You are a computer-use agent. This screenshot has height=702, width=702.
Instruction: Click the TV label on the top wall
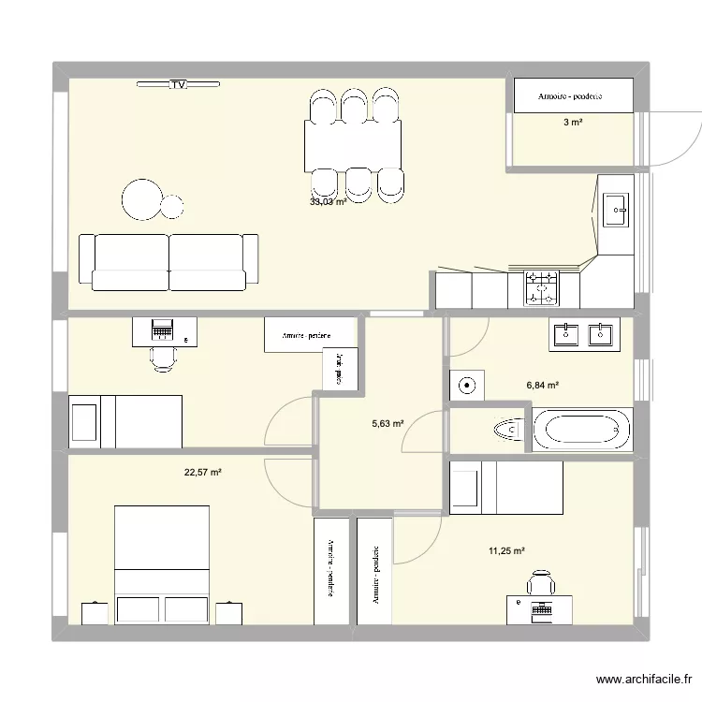pyautogui.click(x=178, y=85)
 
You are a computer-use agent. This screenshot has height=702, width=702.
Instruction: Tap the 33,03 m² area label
pyautogui.click(x=329, y=201)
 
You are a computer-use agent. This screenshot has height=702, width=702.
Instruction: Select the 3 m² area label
pyautogui.click(x=571, y=123)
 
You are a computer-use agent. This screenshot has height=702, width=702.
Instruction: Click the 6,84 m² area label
pyautogui.click(x=543, y=385)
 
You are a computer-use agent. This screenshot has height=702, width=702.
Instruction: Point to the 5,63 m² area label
pyautogui.click(x=388, y=423)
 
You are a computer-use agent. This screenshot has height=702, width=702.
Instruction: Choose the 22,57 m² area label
pyautogui.click(x=203, y=473)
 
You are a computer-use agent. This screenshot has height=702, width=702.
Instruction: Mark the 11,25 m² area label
pyautogui.click(x=506, y=551)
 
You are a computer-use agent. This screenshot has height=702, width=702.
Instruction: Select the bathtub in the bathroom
pyautogui.click(x=582, y=430)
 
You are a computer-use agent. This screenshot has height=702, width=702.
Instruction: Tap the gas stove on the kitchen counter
pyautogui.click(x=541, y=287)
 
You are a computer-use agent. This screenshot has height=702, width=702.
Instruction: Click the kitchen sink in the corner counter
pyautogui.click(x=616, y=211)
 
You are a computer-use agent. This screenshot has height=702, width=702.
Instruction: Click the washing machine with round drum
pyautogui.click(x=466, y=384)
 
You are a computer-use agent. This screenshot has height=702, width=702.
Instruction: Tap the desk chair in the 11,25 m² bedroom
pyautogui.click(x=541, y=584)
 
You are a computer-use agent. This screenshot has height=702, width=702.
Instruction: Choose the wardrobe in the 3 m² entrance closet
pyautogui.click(x=572, y=95)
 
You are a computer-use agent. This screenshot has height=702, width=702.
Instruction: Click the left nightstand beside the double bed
pyautogui.click(x=95, y=613)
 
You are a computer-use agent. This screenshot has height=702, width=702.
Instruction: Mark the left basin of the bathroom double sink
pyautogui.click(x=565, y=332)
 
